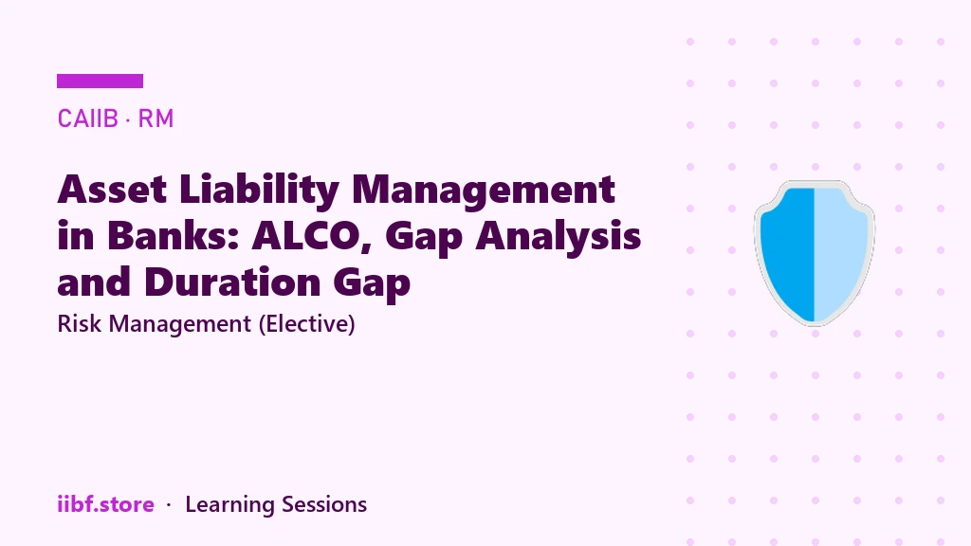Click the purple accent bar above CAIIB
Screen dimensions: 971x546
coord(100,82)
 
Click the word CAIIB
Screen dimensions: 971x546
coord(87,118)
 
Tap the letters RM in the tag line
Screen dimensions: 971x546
coord(156,118)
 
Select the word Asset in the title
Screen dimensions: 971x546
coord(112,189)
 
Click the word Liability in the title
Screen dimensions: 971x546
coord(259,191)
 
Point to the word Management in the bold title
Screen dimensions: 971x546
coord(484,191)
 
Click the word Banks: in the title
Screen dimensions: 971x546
coord(174,235)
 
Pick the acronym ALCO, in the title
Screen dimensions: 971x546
coord(312,236)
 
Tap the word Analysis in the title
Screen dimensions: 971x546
coord(558,236)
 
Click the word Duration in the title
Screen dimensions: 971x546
coord(232,282)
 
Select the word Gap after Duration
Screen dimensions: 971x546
coord(372,284)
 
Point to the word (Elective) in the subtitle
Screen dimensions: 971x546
coord(306,324)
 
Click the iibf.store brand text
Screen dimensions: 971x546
coord(105,504)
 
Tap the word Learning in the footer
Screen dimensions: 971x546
coord(229,505)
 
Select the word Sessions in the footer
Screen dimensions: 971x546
coord(324,504)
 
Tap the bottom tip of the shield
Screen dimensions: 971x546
coord(815,325)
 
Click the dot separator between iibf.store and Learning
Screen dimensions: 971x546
coord(169,505)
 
